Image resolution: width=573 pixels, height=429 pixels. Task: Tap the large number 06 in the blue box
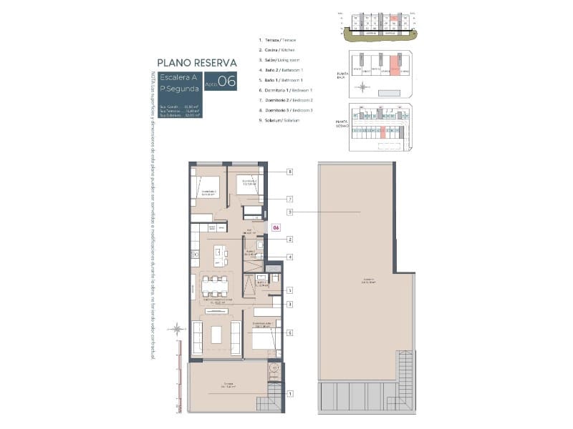coord(226,81)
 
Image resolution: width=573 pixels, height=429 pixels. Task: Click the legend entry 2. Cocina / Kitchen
coord(277,50)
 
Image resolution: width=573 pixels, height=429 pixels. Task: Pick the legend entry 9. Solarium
coord(276,120)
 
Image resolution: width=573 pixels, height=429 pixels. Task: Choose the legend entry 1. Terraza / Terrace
coord(277,40)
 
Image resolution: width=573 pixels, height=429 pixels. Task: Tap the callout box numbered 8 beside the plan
coord(289,172)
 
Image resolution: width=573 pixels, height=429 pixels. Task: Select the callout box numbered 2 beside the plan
coord(289,239)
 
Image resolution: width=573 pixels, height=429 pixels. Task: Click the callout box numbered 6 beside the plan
coord(289,332)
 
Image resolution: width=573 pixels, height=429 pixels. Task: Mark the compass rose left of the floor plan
coord(176,329)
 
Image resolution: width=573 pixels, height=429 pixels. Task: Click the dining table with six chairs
coord(215,286)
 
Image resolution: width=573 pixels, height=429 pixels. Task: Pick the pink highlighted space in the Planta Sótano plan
coord(384,132)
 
